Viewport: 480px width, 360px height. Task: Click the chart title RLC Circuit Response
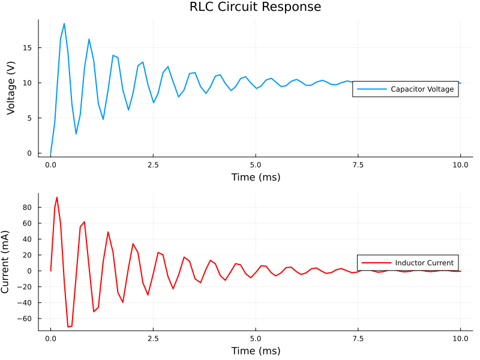click(x=256, y=7)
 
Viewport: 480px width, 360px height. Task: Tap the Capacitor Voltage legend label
click(x=422, y=89)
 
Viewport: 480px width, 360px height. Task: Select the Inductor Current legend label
click(x=424, y=263)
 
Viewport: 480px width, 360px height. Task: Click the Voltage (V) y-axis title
click(x=11, y=88)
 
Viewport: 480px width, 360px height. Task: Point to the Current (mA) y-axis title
click(x=6, y=262)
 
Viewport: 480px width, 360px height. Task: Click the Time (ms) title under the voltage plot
click(x=256, y=178)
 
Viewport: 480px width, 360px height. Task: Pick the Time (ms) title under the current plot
click(x=256, y=351)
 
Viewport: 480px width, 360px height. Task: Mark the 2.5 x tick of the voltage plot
click(x=153, y=164)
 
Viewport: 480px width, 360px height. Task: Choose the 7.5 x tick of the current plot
click(x=358, y=338)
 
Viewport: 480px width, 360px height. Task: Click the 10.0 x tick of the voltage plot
click(x=460, y=164)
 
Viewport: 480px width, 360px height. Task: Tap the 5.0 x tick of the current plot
click(x=256, y=338)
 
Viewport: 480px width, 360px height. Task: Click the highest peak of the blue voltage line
click(x=64, y=23)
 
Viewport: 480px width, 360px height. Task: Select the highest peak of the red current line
click(x=57, y=197)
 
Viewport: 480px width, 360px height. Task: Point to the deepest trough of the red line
click(x=69, y=327)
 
